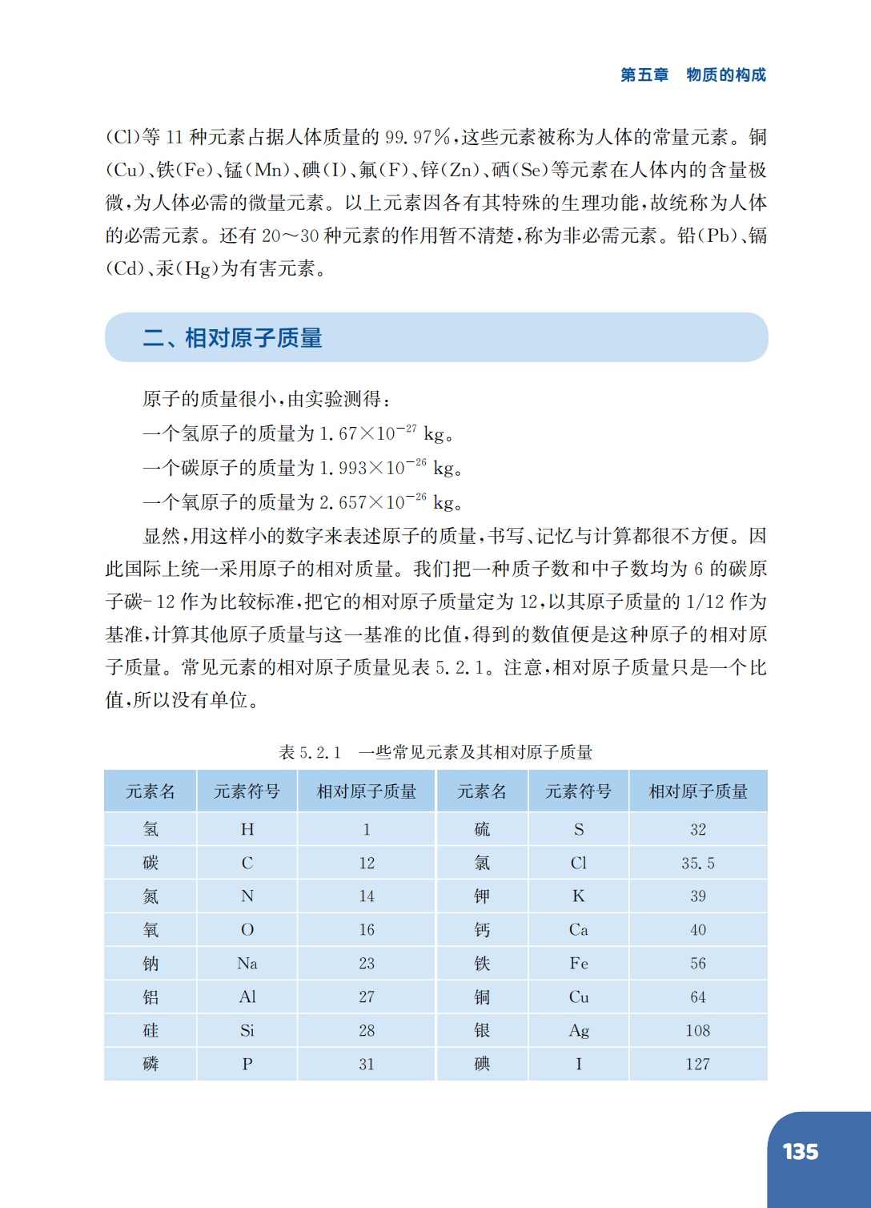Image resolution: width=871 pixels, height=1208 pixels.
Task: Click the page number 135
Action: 800,1152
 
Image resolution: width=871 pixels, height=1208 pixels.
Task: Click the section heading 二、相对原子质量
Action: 232,338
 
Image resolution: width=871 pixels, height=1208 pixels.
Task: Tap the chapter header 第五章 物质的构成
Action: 692,74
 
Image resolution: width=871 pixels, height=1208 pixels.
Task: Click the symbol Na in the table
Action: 247,964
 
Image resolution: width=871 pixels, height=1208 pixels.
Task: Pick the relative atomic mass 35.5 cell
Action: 698,863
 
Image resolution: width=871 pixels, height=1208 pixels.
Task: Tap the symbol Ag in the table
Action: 579,1031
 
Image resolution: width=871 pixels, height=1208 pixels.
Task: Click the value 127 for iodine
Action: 698,1065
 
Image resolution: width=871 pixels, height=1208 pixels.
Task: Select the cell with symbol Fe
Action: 579,964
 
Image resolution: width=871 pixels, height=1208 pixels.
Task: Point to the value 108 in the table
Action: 698,1031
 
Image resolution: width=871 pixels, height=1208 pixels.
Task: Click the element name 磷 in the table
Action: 151,1065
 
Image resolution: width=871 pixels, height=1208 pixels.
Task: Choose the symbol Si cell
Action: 247,1031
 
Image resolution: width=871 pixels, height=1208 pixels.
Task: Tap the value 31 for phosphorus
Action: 367,1065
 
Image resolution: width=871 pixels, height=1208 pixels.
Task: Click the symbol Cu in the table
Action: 579,997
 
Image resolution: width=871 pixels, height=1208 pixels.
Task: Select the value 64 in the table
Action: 698,997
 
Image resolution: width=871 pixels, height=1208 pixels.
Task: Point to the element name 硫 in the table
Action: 482,830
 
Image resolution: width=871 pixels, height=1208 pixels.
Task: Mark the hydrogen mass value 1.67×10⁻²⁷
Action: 367,433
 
